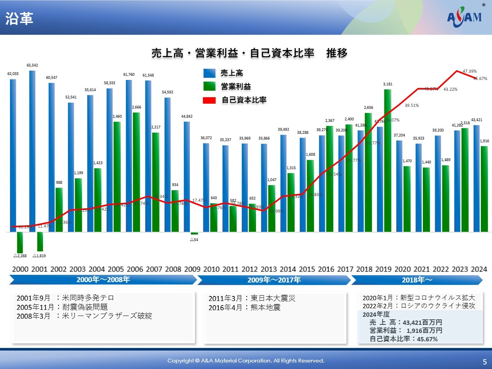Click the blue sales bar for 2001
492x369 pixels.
coord(32,150)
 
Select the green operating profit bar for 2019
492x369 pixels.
coord(388,161)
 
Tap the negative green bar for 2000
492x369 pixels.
coord(20,243)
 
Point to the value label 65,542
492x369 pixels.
coord(32,65)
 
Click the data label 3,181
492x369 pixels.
coord(388,84)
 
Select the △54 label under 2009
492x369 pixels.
coord(194,240)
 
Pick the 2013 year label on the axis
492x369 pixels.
coord(269,269)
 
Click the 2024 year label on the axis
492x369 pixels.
coord(479,269)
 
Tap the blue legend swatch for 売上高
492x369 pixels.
coord(209,73)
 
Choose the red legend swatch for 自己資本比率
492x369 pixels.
coord(209,100)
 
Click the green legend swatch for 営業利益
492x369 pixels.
coord(209,86)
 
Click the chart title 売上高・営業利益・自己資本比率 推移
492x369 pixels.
coord(249,53)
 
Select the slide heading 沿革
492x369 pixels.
coord(19,18)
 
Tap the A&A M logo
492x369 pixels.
coord(464,17)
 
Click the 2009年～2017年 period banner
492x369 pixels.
coord(274,280)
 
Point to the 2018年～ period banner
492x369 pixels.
coord(417,280)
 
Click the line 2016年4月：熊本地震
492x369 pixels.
coord(244,307)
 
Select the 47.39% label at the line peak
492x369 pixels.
coord(469,71)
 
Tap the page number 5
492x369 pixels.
coord(485,362)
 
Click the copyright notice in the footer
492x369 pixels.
coord(246,361)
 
